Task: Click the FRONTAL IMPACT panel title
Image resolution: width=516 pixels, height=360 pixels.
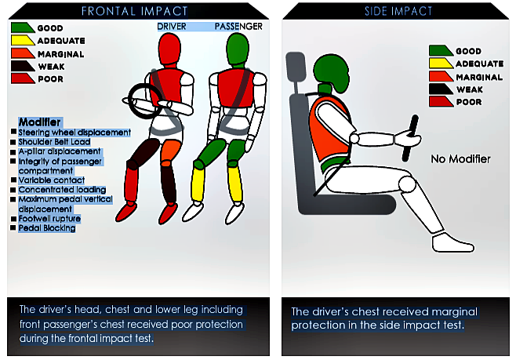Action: point(134,11)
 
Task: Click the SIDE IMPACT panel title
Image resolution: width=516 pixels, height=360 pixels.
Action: point(398,11)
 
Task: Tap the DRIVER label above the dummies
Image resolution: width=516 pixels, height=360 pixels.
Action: point(172,27)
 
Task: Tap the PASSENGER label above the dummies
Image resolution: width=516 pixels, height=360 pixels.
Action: point(238,27)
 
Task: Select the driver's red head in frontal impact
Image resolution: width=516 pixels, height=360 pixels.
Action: point(169,49)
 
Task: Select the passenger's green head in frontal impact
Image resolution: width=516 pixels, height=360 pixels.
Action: point(238,49)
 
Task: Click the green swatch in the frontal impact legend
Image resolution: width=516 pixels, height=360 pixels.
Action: point(23,27)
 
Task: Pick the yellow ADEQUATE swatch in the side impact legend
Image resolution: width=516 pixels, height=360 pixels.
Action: point(441,64)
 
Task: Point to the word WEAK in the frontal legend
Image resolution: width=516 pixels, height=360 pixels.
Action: point(51,67)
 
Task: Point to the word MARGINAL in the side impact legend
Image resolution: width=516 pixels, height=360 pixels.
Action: point(479,78)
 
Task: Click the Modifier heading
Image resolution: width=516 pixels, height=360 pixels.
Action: point(39,122)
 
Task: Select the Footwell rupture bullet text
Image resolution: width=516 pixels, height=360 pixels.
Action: point(49,219)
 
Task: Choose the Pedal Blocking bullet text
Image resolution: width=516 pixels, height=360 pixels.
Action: point(47,228)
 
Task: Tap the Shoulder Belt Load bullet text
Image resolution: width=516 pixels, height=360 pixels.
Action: point(54,142)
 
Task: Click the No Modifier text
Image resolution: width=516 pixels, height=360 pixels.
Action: point(461,159)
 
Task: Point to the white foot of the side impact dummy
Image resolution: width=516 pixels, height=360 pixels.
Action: point(452,242)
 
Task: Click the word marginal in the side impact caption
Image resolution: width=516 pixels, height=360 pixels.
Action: point(454,311)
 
